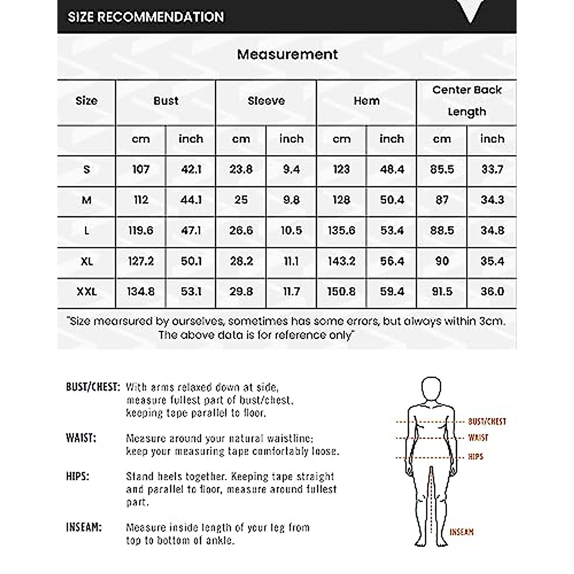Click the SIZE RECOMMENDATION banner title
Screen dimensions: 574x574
point(145,17)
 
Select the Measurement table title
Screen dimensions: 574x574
point(287,55)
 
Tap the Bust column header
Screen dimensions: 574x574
point(166,101)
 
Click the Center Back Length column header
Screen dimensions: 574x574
point(466,100)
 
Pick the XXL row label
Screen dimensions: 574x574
point(87,291)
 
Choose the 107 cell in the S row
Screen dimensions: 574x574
point(141,169)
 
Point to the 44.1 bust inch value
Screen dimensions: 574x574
point(190,200)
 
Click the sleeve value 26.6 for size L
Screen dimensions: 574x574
point(241,231)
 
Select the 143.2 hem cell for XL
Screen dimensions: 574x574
point(341,261)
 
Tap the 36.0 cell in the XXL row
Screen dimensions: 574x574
point(492,291)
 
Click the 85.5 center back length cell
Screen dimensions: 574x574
point(442,169)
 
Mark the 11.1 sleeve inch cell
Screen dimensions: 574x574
point(291,261)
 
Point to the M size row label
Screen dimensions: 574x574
point(87,200)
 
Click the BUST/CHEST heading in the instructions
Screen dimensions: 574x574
point(92,387)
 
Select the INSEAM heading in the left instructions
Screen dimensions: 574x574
point(84,528)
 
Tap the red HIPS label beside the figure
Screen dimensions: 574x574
point(475,457)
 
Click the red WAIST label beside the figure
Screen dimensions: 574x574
point(478,438)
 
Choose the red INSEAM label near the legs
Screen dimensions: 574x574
point(461,531)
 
